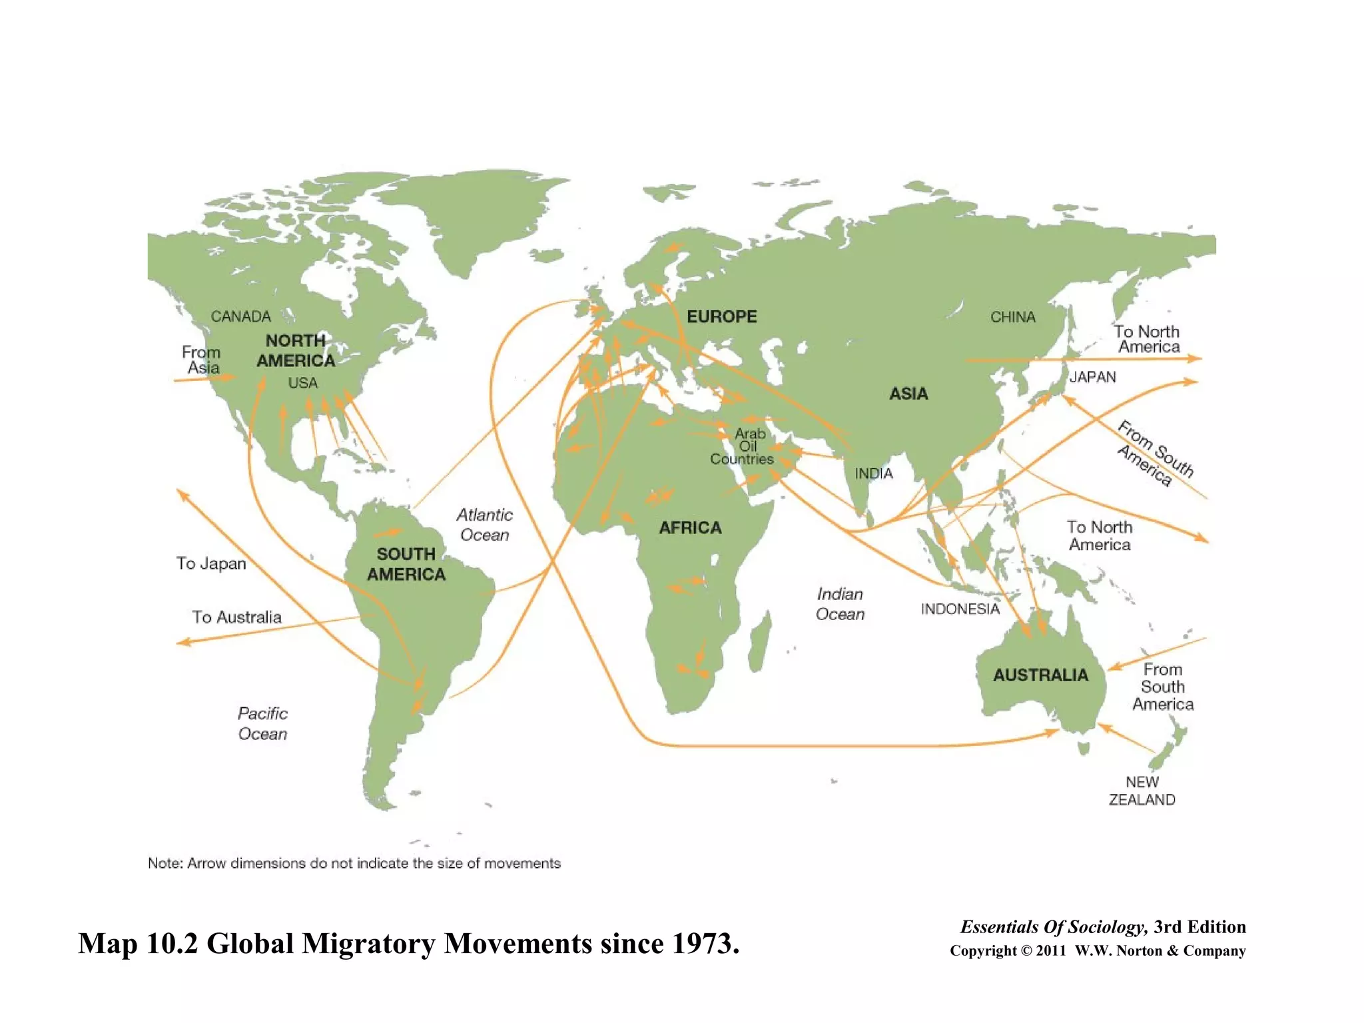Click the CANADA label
[x=240, y=316]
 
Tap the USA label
[x=302, y=383]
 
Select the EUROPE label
[x=721, y=316]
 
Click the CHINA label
[x=1012, y=317]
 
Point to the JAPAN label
[x=1092, y=377]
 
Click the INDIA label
[x=873, y=474]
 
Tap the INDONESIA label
[x=960, y=609]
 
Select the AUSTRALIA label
[x=1040, y=675]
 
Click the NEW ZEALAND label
[x=1142, y=791]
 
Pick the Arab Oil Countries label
[x=742, y=446]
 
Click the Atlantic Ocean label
[x=484, y=525]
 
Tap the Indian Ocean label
[x=840, y=604]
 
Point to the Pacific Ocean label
[x=262, y=723]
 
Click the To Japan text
[x=211, y=563]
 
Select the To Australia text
[x=236, y=617]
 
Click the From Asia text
[x=201, y=360]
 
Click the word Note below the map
[x=164, y=863]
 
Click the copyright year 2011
[x=1051, y=951]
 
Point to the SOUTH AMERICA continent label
[x=406, y=564]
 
